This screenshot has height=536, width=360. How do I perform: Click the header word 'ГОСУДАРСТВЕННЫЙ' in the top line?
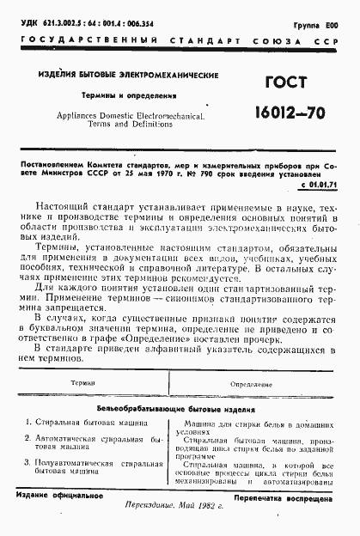point(64,42)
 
